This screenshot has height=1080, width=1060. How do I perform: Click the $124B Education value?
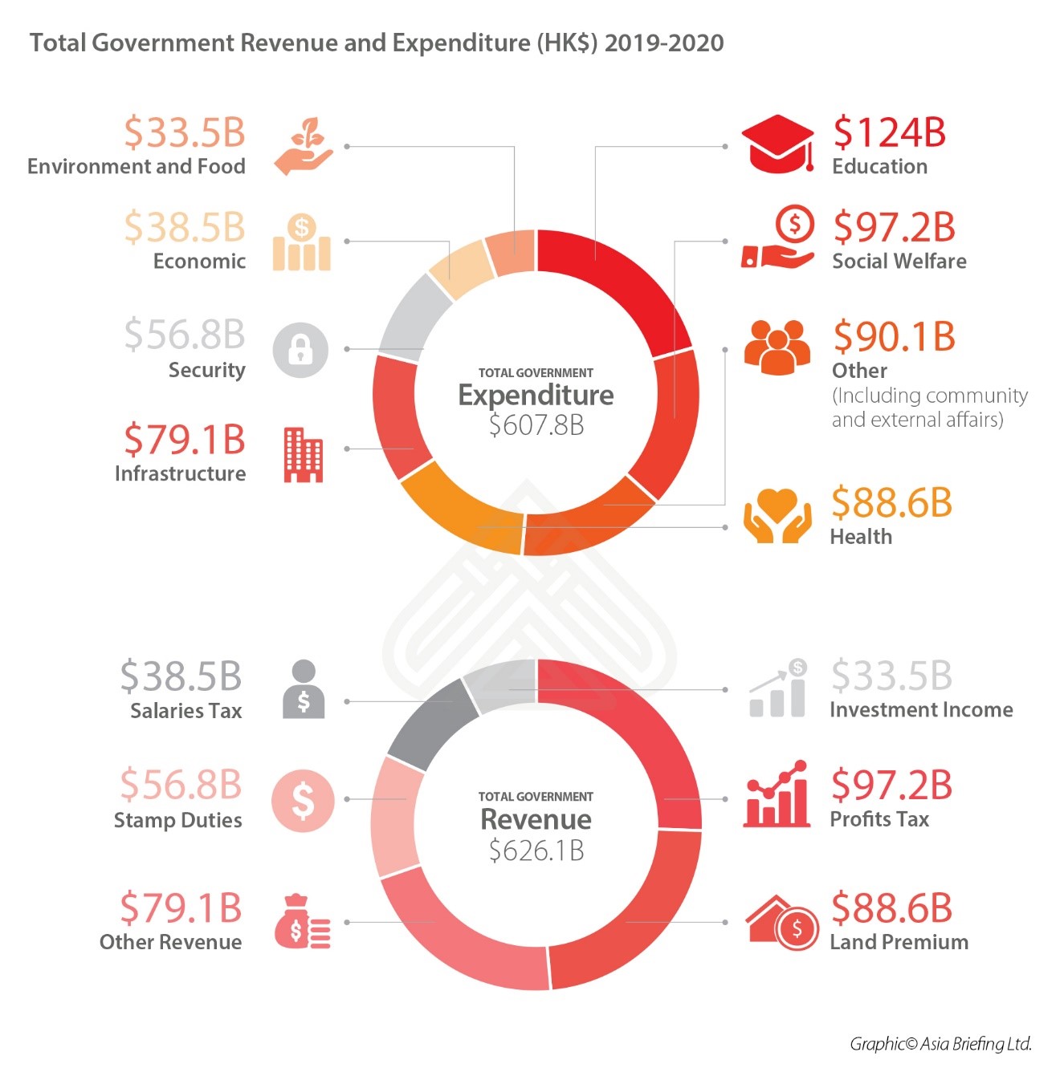click(x=889, y=132)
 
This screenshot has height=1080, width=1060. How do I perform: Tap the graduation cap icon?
click(x=777, y=144)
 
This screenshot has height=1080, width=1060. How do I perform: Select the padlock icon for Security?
click(x=300, y=350)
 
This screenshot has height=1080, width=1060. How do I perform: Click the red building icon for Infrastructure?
click(x=303, y=454)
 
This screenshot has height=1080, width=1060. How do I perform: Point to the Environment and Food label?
click(x=137, y=166)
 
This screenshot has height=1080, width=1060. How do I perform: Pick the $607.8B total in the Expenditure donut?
click(x=536, y=424)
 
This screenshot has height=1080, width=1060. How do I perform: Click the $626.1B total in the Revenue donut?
click(x=536, y=850)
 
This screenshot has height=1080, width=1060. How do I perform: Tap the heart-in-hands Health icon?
click(x=777, y=515)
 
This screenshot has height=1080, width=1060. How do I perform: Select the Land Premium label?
click(x=899, y=942)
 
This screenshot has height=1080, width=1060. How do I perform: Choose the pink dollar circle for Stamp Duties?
click(x=302, y=800)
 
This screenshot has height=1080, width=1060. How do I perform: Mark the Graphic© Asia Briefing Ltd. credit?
click(x=940, y=1043)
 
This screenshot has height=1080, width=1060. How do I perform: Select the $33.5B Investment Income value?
click(x=891, y=676)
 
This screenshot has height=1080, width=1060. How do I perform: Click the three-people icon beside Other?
click(x=777, y=347)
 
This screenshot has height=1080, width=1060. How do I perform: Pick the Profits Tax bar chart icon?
click(x=777, y=794)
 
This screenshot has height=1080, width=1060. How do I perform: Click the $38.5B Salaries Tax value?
click(x=181, y=676)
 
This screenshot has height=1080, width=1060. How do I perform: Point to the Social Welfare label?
click(x=899, y=261)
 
